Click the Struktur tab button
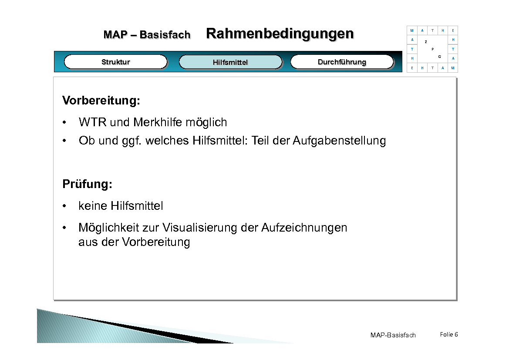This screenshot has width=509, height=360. [x=116, y=62]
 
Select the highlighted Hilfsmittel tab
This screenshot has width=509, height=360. [x=230, y=62]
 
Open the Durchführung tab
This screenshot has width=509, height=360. [x=342, y=62]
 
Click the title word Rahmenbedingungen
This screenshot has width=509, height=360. [x=280, y=34]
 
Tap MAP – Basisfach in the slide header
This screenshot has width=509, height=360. [x=147, y=35]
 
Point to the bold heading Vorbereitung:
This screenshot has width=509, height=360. [x=101, y=101]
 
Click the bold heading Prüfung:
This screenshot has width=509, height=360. [x=88, y=184]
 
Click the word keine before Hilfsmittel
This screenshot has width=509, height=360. [x=93, y=205]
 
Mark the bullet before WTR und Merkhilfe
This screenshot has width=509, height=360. [x=65, y=122]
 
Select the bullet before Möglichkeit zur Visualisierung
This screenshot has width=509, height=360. [x=65, y=228]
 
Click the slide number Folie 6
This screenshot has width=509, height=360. [x=449, y=334]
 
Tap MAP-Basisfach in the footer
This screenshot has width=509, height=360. [x=393, y=335]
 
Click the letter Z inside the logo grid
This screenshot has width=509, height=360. [x=426, y=42]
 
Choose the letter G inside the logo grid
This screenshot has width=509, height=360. [x=440, y=57]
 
